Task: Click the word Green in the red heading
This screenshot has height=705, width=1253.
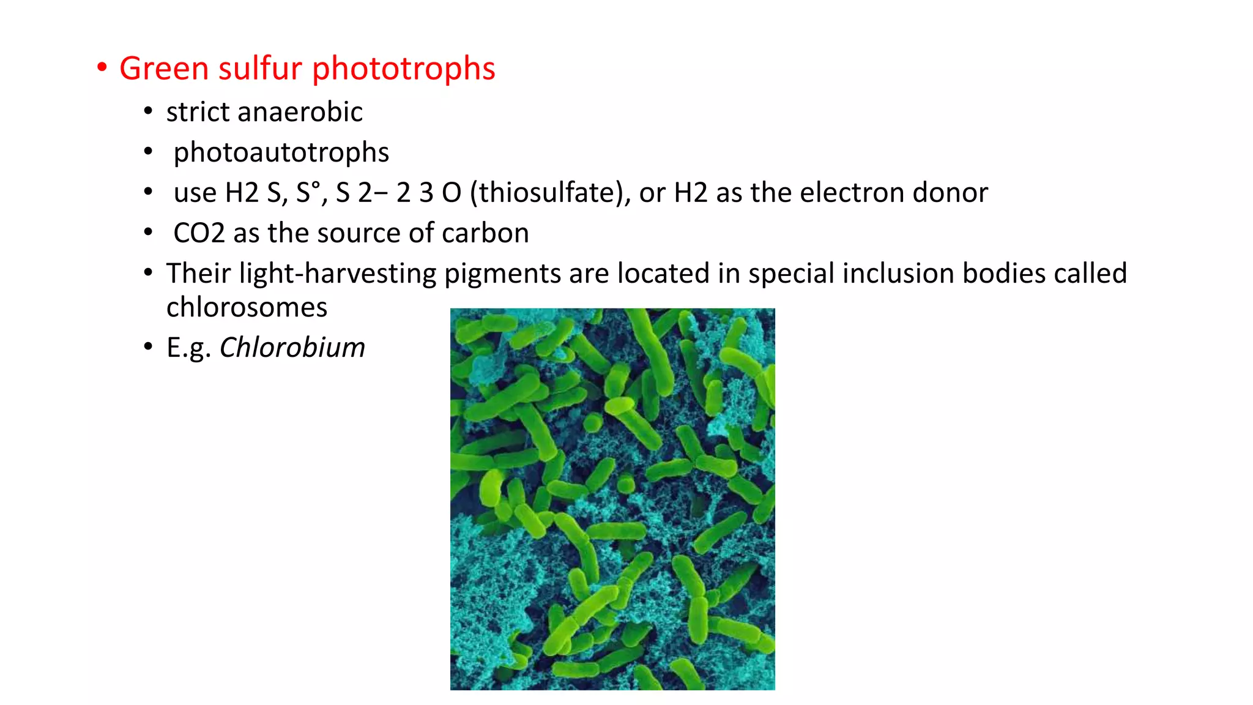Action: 164,68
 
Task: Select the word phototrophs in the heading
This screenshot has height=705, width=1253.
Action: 404,68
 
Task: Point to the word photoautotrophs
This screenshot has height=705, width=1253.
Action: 281,152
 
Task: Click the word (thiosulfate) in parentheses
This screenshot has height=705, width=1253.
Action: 550,193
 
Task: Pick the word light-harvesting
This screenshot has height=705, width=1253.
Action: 338,274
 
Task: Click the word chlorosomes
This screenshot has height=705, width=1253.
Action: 247,307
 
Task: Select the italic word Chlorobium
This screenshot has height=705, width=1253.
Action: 292,348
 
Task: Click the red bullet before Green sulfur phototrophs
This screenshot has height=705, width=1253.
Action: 102,67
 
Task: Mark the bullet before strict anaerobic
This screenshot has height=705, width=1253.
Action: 148,112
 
